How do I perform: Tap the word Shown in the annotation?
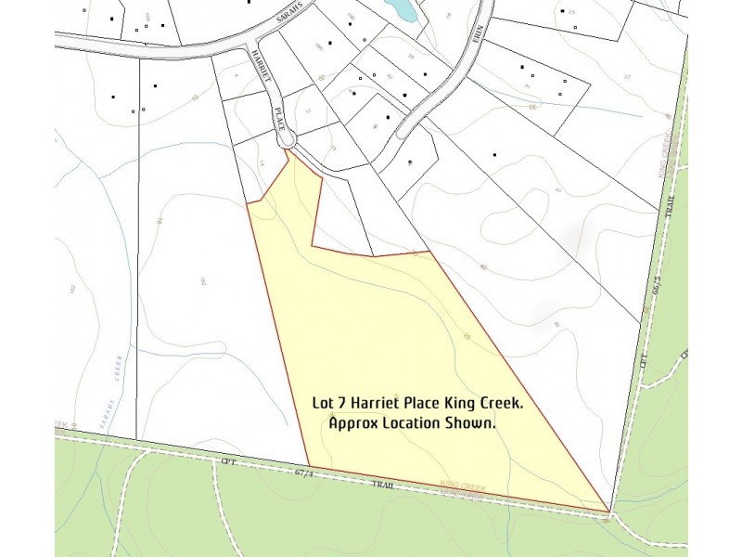pos(472,422)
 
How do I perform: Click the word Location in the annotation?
pos(414,422)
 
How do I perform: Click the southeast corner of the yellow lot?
pos(608,511)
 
